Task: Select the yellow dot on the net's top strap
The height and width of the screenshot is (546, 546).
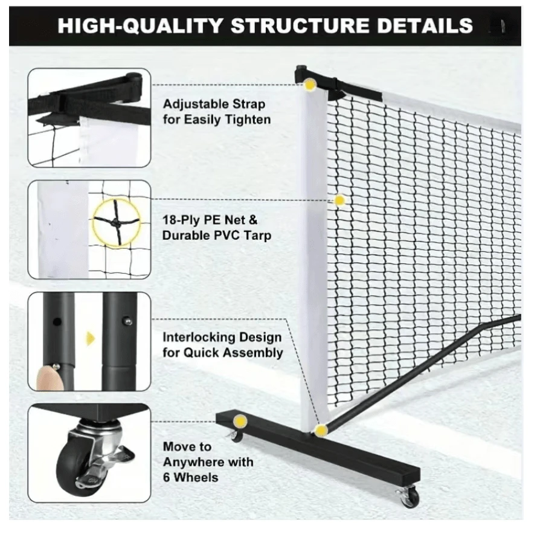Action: (x=310, y=85)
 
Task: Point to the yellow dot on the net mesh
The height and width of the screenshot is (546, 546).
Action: (x=339, y=200)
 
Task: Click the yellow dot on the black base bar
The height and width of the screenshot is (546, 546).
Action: (x=240, y=421)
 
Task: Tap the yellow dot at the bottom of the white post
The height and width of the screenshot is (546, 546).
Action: (x=321, y=430)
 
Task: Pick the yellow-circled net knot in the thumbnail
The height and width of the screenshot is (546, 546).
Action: (x=116, y=221)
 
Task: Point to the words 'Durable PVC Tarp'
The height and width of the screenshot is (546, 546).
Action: (x=216, y=235)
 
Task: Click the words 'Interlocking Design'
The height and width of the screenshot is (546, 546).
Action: (x=222, y=337)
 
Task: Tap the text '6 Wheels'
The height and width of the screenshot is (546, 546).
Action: (x=190, y=477)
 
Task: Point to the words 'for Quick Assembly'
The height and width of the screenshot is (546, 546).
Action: (x=222, y=352)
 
